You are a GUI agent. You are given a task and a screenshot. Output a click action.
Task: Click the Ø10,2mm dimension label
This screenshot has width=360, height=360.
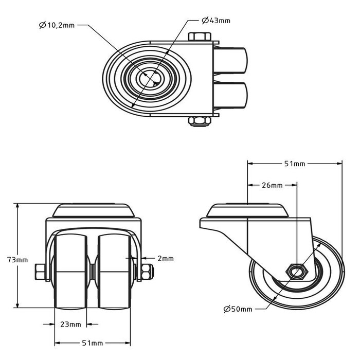point(58,25)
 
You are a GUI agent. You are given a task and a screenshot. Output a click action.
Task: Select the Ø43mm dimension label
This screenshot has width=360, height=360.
point(216,21)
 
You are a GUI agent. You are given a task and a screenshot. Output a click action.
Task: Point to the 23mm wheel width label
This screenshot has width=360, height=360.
point(70,324)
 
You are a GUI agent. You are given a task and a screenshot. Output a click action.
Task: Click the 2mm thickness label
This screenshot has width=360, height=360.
point(166,258)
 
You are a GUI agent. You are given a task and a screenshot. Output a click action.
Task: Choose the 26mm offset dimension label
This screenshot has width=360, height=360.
point(272,185)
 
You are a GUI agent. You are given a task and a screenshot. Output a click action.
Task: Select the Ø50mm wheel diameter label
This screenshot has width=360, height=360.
point(238,309)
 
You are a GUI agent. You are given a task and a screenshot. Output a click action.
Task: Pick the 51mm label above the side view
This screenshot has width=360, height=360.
point(295,164)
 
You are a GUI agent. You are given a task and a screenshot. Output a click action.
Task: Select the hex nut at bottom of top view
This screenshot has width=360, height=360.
point(199,121)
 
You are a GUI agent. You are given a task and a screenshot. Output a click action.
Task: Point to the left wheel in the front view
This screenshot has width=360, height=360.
point(73,270)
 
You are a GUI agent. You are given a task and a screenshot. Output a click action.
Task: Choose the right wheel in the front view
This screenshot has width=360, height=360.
point(114,270)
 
